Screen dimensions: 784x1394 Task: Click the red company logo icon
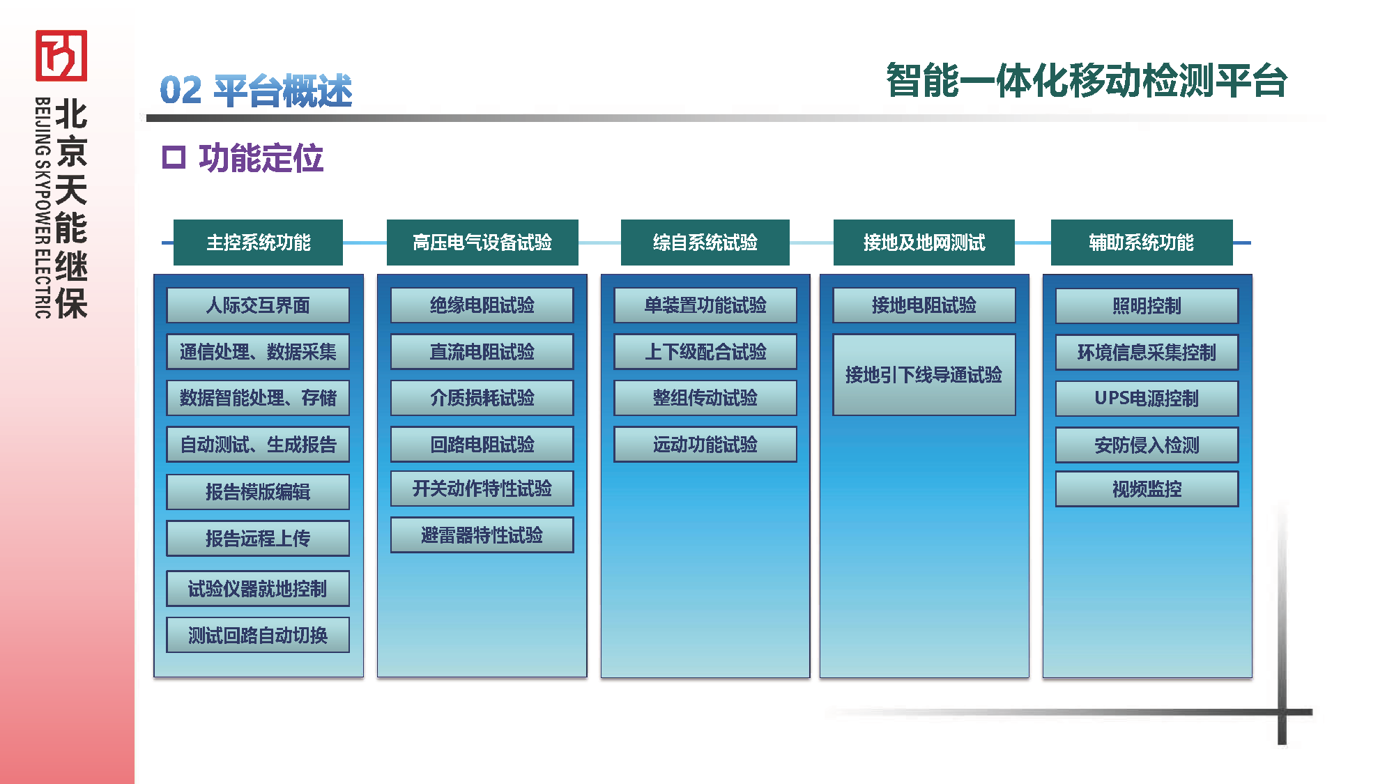[61, 55]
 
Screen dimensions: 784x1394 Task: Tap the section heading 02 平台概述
[256, 91]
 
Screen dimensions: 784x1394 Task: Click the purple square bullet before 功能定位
[174, 157]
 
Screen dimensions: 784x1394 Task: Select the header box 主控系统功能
[258, 243]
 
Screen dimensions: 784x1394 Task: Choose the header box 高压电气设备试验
[482, 243]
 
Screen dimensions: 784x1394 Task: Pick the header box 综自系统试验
[705, 243]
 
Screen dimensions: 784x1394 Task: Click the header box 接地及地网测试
[924, 243]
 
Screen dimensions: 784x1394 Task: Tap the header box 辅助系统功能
[1141, 243]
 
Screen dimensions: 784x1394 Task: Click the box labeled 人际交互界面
[258, 305]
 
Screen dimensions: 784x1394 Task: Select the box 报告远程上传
[258, 538]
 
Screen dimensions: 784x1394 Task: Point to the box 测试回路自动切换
[258, 635]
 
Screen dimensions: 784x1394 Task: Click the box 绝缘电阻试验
[482, 305]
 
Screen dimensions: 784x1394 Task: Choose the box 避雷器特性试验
[482, 535]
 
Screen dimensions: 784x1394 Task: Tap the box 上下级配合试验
[705, 352]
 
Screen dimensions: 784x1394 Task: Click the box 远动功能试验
[705, 445]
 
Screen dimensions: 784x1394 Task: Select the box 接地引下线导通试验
[924, 375]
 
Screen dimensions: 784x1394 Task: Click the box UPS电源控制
[1147, 399]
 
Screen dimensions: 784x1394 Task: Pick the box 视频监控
[1147, 489]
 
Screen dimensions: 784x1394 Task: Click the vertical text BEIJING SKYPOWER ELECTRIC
[43, 208]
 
